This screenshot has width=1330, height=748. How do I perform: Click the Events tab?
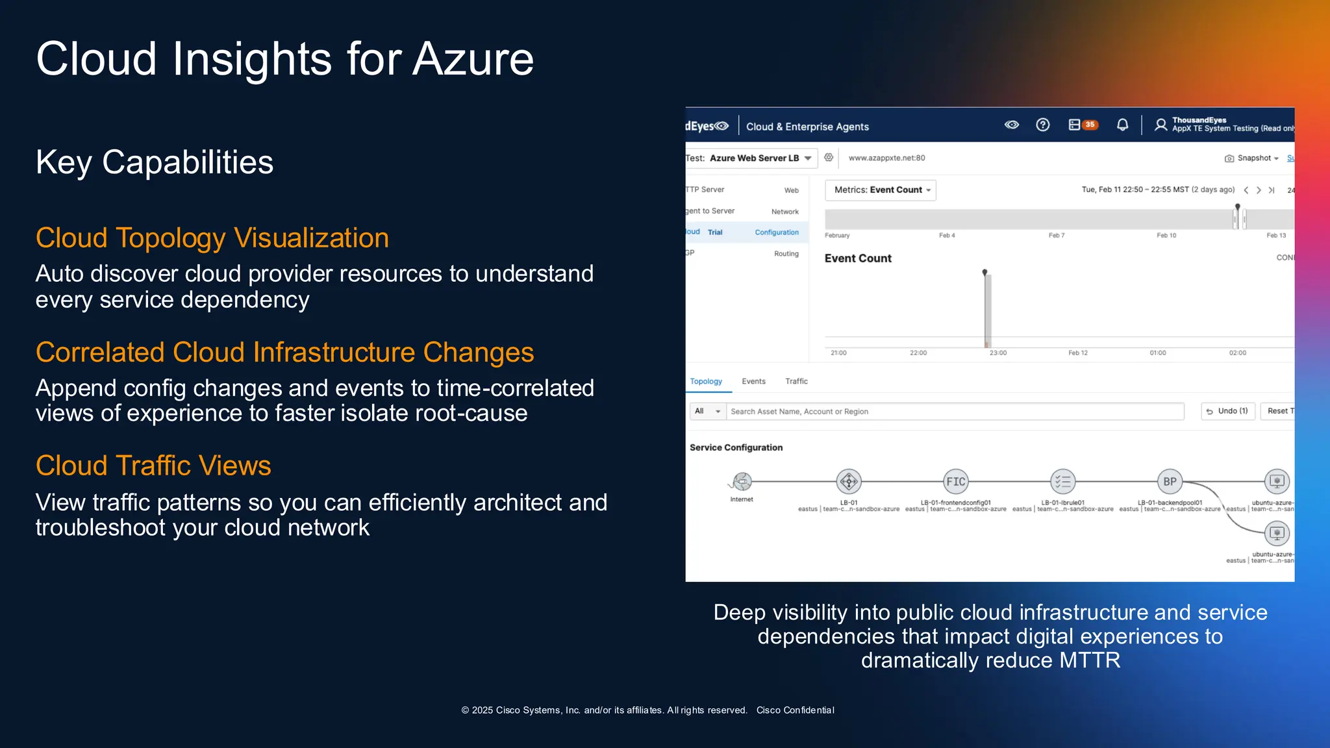[x=753, y=381]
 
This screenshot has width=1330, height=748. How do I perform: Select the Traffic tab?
[x=796, y=381]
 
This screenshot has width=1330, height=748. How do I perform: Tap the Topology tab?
[x=706, y=381]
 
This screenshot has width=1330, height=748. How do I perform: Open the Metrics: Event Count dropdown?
[x=881, y=190]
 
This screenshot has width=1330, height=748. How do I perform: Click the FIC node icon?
[x=955, y=482]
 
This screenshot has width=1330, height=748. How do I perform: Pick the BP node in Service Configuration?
[x=1170, y=482]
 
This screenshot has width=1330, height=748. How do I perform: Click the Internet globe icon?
[x=742, y=482]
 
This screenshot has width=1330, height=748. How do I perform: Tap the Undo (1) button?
[x=1227, y=411]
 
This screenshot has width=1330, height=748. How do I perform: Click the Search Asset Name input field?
[x=955, y=411]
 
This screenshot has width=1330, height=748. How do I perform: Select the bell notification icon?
[x=1122, y=125]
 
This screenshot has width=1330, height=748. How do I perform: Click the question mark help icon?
[x=1042, y=125]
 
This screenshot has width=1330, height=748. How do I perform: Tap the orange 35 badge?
[x=1090, y=125]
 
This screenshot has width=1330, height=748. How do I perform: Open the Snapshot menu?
[x=1253, y=158]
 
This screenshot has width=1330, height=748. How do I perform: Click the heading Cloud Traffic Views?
[x=153, y=466]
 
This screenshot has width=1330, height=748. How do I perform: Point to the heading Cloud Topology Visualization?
[x=212, y=238]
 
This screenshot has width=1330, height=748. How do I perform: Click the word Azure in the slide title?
[x=473, y=58]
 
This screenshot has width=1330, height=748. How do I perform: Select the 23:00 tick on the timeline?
[x=997, y=353]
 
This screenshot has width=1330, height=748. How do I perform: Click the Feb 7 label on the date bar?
[x=1056, y=235]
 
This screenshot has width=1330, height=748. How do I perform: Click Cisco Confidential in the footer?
[x=795, y=710]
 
